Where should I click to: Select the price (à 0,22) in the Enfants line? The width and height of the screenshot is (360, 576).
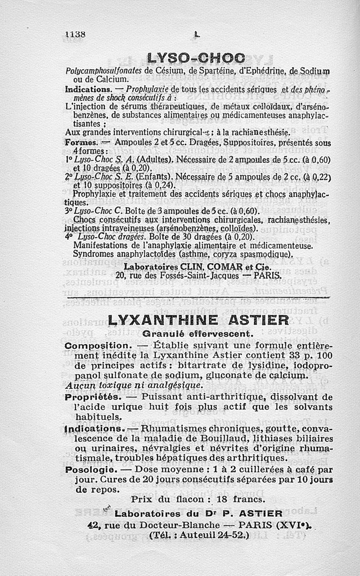tap(315, 176)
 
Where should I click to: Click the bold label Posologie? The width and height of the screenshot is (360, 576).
tap(92, 469)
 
